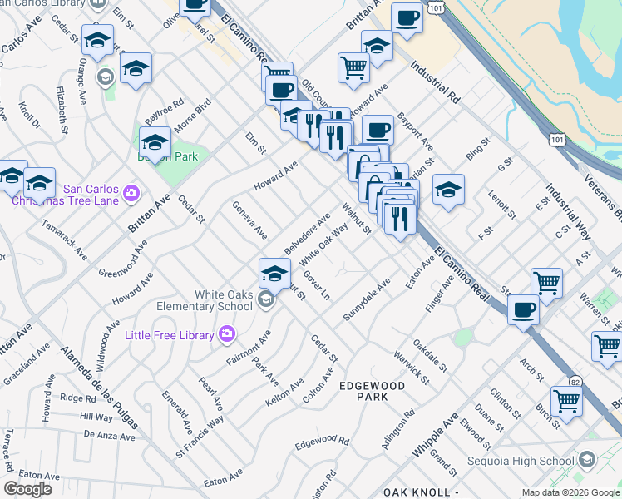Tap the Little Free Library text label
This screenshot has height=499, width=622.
(x=170, y=335)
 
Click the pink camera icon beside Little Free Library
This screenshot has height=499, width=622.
(x=227, y=334)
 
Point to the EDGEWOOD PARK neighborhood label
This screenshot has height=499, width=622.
(x=372, y=391)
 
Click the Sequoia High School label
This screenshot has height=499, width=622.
(x=521, y=461)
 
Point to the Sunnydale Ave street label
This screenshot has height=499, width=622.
(x=367, y=301)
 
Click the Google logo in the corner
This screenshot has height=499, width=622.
(x=27, y=489)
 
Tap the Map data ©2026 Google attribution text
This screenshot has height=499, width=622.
(x=570, y=492)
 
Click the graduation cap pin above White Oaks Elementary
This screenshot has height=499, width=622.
(x=274, y=271)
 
